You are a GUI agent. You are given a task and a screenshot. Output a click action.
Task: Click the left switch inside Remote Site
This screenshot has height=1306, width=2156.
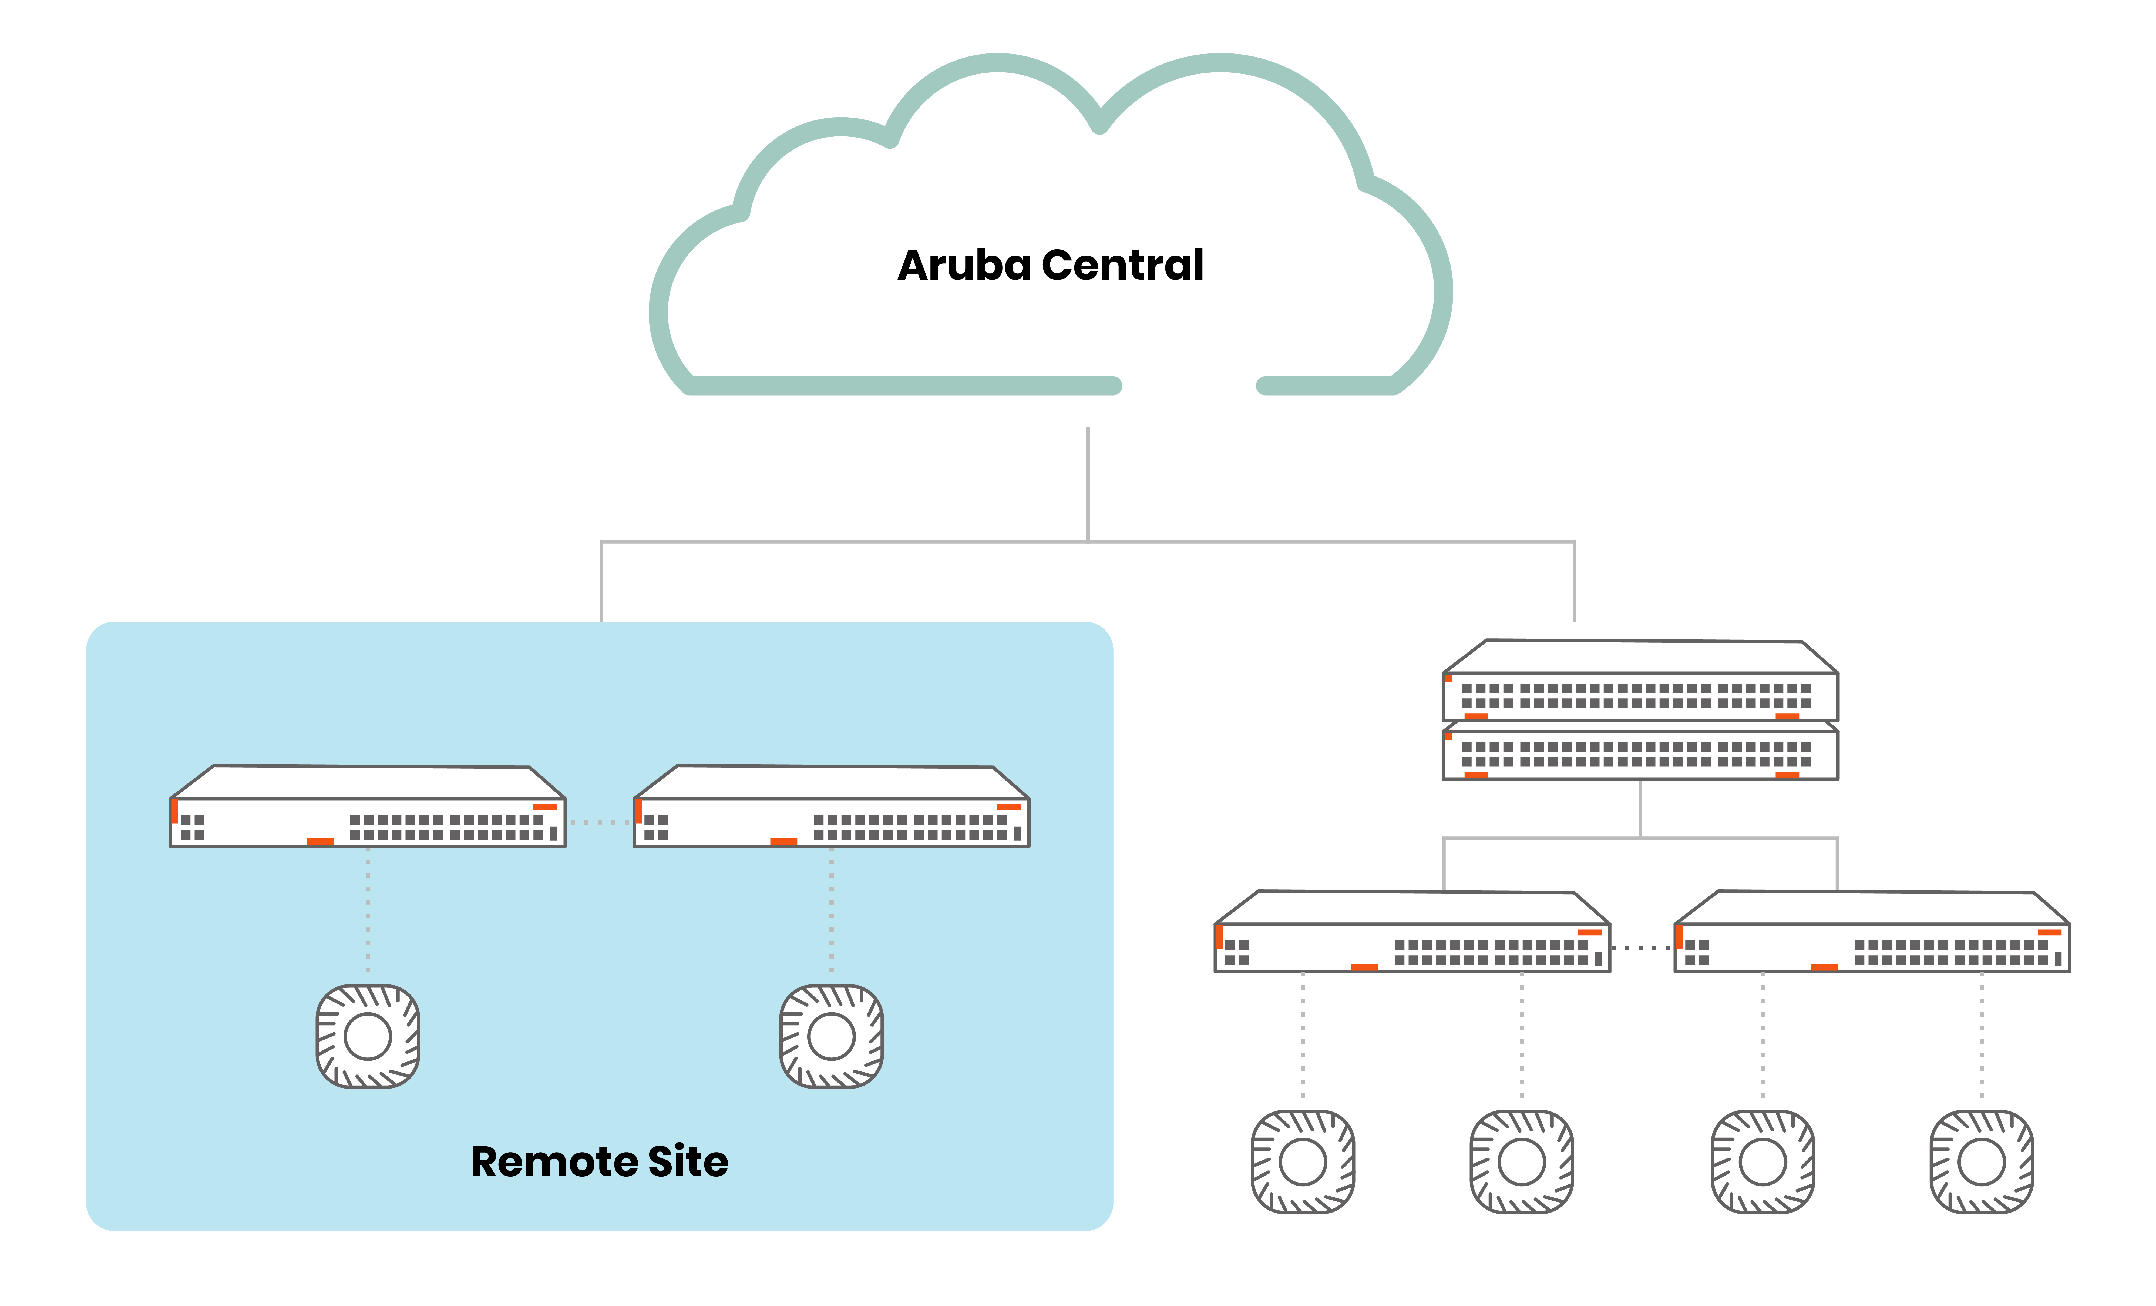[368, 810]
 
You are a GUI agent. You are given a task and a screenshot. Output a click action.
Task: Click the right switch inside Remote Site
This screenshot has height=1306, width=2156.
[831, 810]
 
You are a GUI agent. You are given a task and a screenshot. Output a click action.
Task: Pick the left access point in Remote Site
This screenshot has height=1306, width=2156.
[368, 1036]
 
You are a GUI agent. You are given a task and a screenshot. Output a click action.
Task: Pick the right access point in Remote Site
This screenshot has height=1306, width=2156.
[831, 1036]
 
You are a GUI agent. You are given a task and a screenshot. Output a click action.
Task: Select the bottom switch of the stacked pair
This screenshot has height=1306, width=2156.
[1640, 753]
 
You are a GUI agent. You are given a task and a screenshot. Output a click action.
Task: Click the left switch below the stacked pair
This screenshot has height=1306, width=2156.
[1411, 935]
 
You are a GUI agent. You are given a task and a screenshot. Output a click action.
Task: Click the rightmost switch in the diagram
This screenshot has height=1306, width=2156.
[1872, 935]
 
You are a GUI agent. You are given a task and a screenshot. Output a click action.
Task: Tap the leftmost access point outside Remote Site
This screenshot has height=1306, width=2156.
[1303, 1161]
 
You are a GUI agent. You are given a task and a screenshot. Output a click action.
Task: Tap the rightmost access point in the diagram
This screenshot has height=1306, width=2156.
[1982, 1161]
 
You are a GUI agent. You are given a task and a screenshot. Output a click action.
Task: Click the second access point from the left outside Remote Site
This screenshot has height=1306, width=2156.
[1522, 1161]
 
